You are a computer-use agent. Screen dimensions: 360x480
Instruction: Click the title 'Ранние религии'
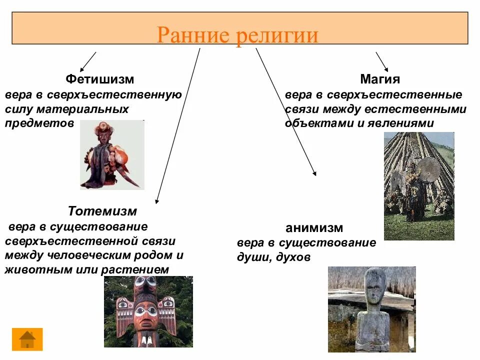pos(237,35)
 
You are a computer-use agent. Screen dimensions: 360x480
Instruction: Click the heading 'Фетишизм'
pos(100,79)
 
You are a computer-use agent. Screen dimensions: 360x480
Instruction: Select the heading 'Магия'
pos(380,79)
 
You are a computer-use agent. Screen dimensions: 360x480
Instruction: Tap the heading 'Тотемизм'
pos(102,211)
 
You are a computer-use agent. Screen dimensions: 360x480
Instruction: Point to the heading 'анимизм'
pos(314,228)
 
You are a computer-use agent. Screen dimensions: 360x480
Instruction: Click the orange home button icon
pos(27,339)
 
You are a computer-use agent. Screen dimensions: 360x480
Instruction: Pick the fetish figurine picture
pos(111,155)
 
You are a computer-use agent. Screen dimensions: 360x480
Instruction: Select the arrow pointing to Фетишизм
pos(87,61)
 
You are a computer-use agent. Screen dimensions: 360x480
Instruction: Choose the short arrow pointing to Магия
pos(382,61)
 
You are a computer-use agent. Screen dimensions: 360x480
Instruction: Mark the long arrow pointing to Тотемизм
pos(177,125)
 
